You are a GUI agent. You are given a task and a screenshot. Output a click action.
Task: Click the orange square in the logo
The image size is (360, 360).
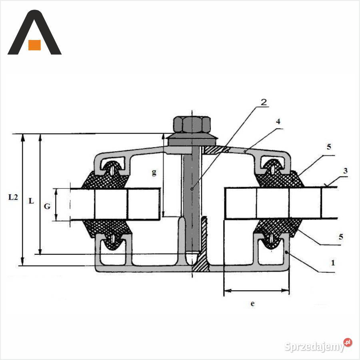click(x=34, y=45)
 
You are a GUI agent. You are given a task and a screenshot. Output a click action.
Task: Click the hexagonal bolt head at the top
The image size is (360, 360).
click(x=192, y=125)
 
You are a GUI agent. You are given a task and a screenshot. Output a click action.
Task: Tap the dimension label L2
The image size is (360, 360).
click(x=13, y=197)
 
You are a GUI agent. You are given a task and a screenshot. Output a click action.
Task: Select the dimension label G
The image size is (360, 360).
click(x=47, y=206)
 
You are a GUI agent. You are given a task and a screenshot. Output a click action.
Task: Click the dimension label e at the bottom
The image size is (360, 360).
click(x=252, y=304)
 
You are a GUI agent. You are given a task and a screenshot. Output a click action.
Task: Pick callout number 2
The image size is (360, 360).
click(x=264, y=102)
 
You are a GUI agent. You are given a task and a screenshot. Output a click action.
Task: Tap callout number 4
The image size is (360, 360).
click(x=278, y=122)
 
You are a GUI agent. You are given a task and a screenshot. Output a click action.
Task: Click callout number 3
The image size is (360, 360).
click(x=345, y=171)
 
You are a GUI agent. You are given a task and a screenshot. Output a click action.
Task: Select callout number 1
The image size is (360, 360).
click(x=333, y=263)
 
